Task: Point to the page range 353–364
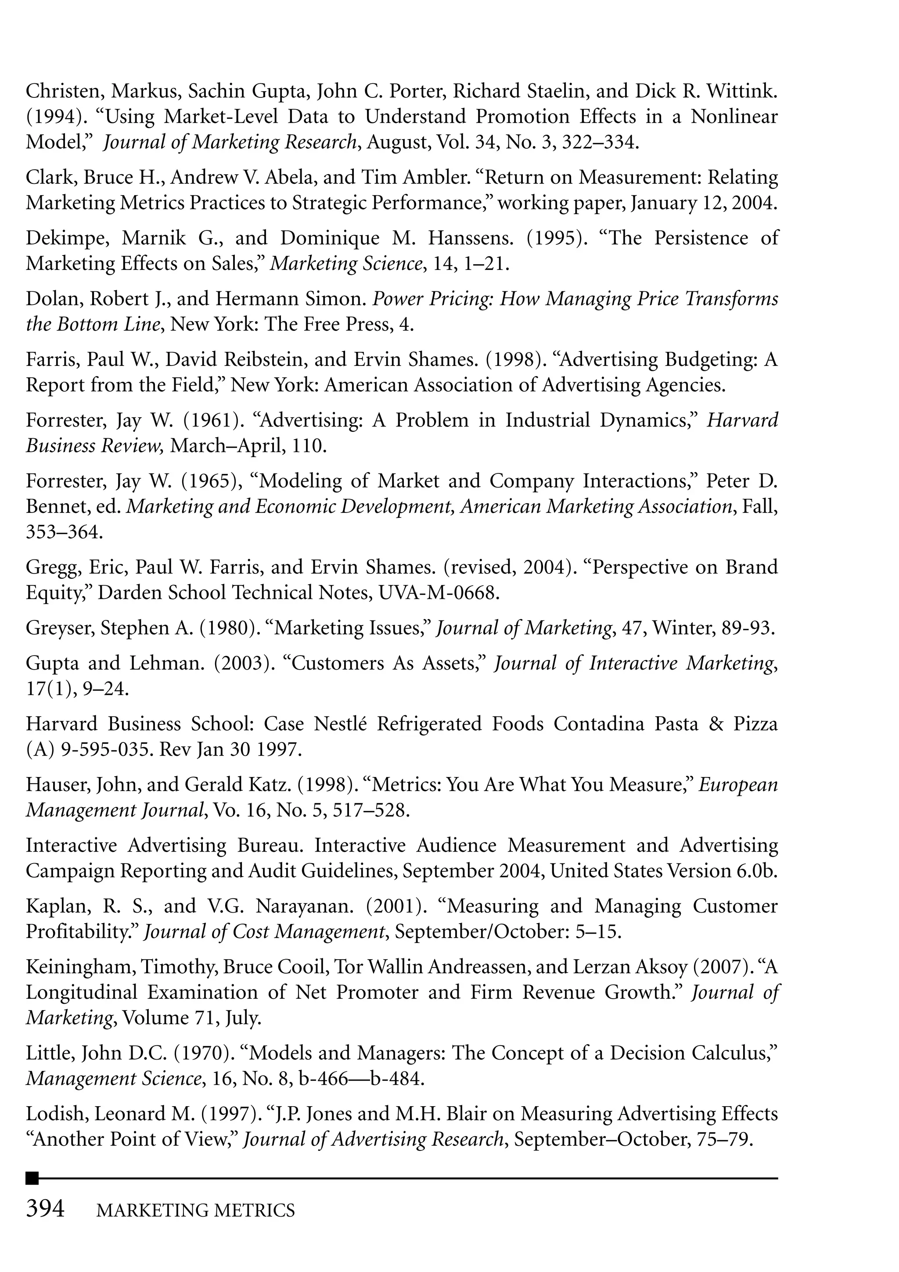64,532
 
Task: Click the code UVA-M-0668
439,593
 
